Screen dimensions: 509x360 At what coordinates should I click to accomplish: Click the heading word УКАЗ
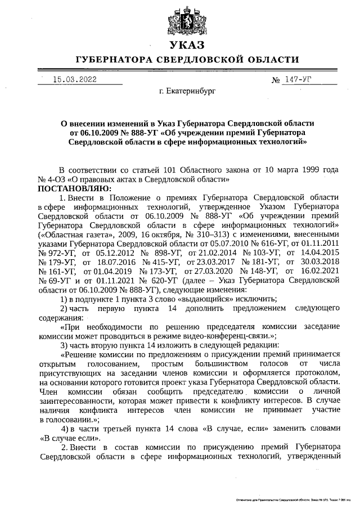[180, 45]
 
